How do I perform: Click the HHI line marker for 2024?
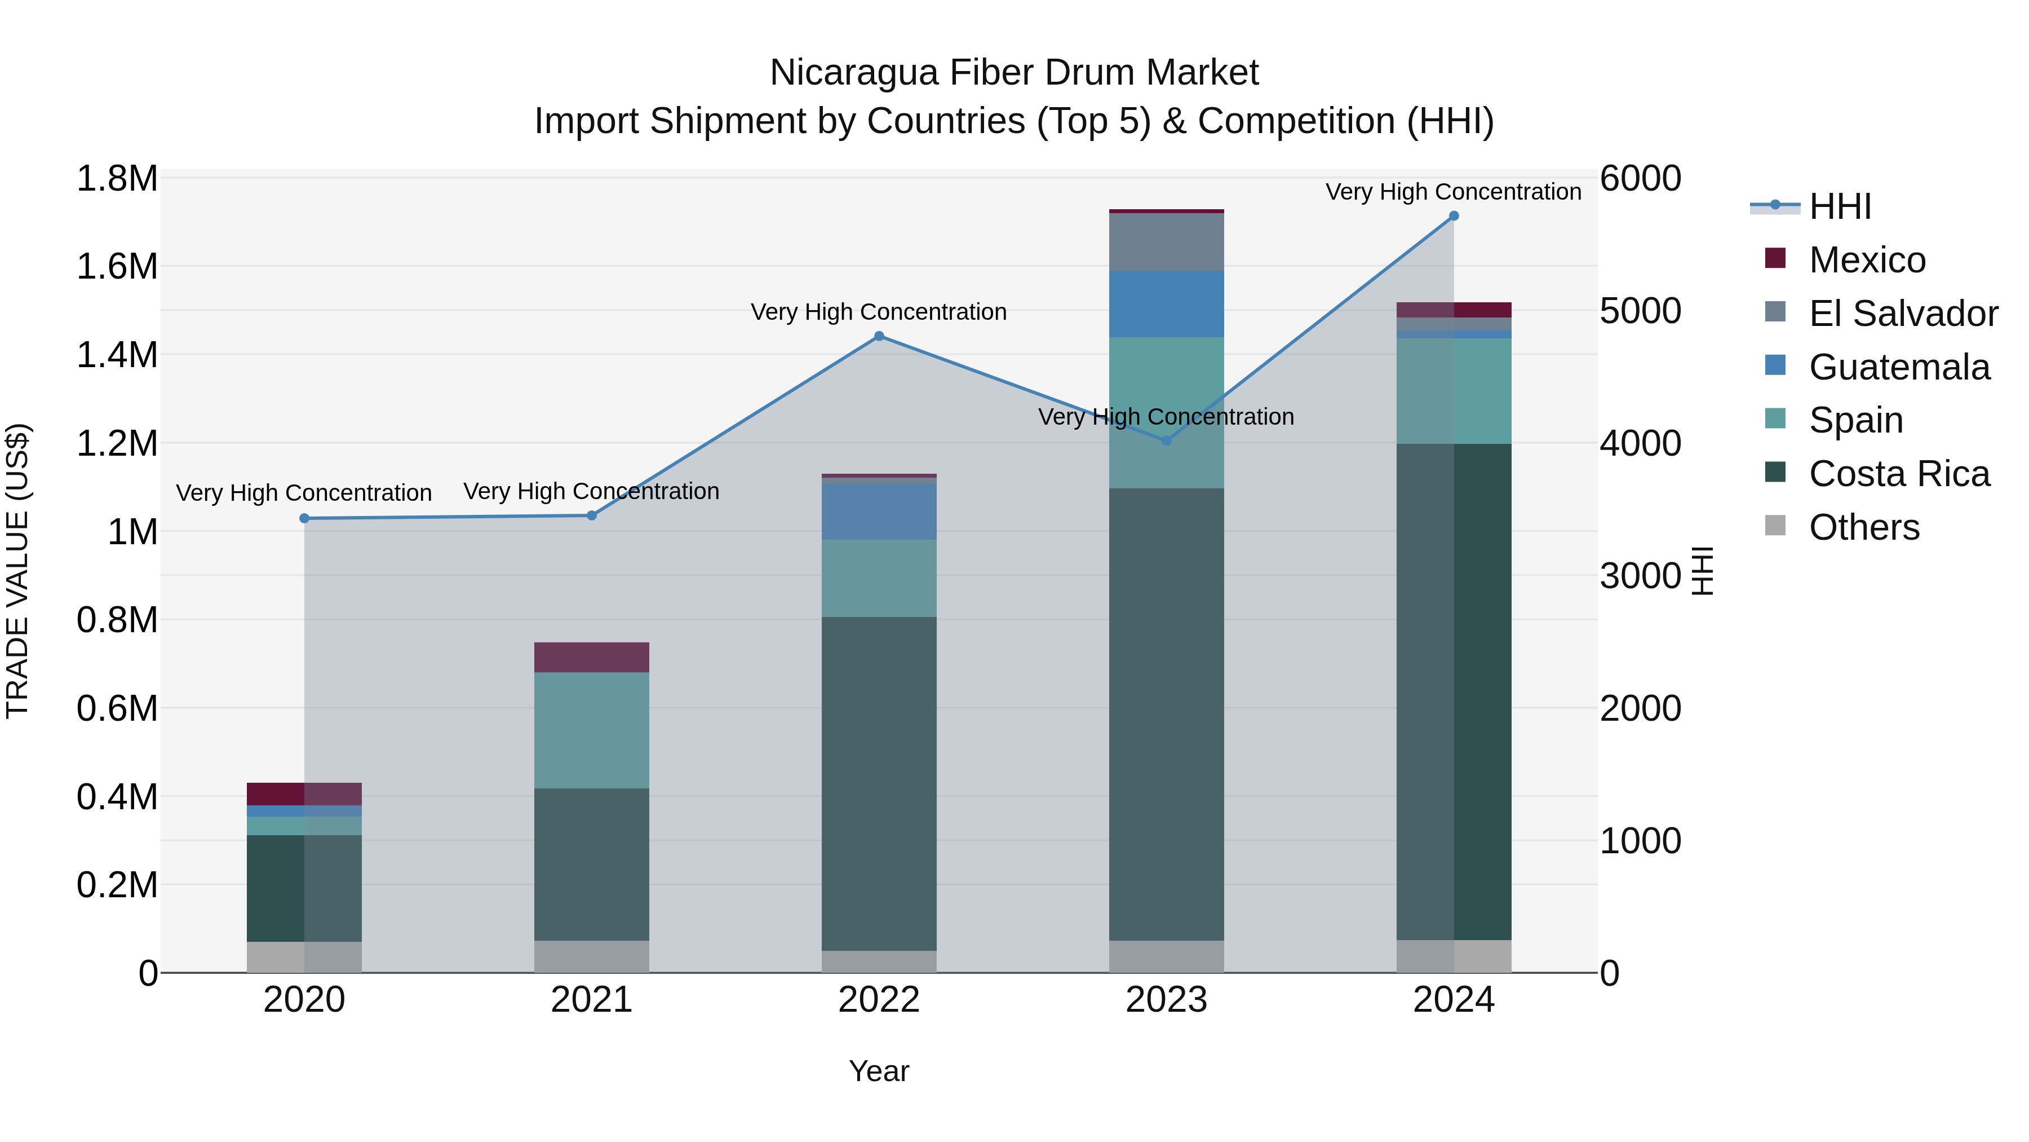click(x=1453, y=216)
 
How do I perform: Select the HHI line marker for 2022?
click(x=879, y=337)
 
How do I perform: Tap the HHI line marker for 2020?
click(x=304, y=519)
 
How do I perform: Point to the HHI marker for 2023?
click(x=1167, y=440)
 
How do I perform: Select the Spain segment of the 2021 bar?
click(x=592, y=730)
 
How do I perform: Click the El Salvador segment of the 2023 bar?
click(x=1167, y=241)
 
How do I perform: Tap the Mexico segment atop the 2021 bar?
click(x=592, y=658)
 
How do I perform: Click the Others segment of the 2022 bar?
click(x=879, y=962)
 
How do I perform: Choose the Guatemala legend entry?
click(x=1899, y=367)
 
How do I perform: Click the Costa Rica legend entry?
click(x=1899, y=474)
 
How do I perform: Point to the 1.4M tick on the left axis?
click(x=117, y=355)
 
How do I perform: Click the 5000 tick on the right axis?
click(x=1641, y=311)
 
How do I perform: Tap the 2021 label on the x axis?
click(x=592, y=1000)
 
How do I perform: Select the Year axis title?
click(x=879, y=1071)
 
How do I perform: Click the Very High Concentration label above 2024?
click(x=1453, y=192)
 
